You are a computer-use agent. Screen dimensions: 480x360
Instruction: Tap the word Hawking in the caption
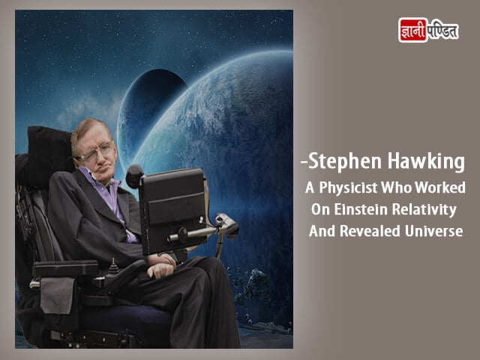click(426, 162)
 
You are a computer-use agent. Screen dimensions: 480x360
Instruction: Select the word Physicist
click(348, 188)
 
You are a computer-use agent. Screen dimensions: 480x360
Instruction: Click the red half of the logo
click(412, 30)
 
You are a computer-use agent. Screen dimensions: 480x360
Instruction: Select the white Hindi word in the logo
click(442, 31)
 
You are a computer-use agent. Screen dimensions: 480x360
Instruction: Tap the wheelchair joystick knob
click(114, 265)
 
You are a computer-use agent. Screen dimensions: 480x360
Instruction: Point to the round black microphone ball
click(135, 175)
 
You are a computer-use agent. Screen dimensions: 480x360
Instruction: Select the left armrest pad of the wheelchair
click(65, 268)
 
